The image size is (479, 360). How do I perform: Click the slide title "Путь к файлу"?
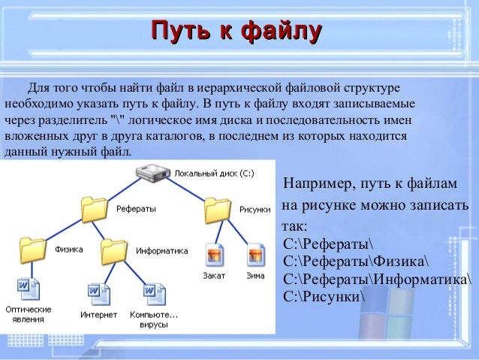236,31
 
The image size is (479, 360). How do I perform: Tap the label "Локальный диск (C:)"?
213,173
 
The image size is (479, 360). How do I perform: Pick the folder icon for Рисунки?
217,208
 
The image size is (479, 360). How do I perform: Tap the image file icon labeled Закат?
214,253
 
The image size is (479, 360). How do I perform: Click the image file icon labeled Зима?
255,253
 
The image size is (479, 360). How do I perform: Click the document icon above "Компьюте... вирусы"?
153,289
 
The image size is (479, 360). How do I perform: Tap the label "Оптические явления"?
29,314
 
